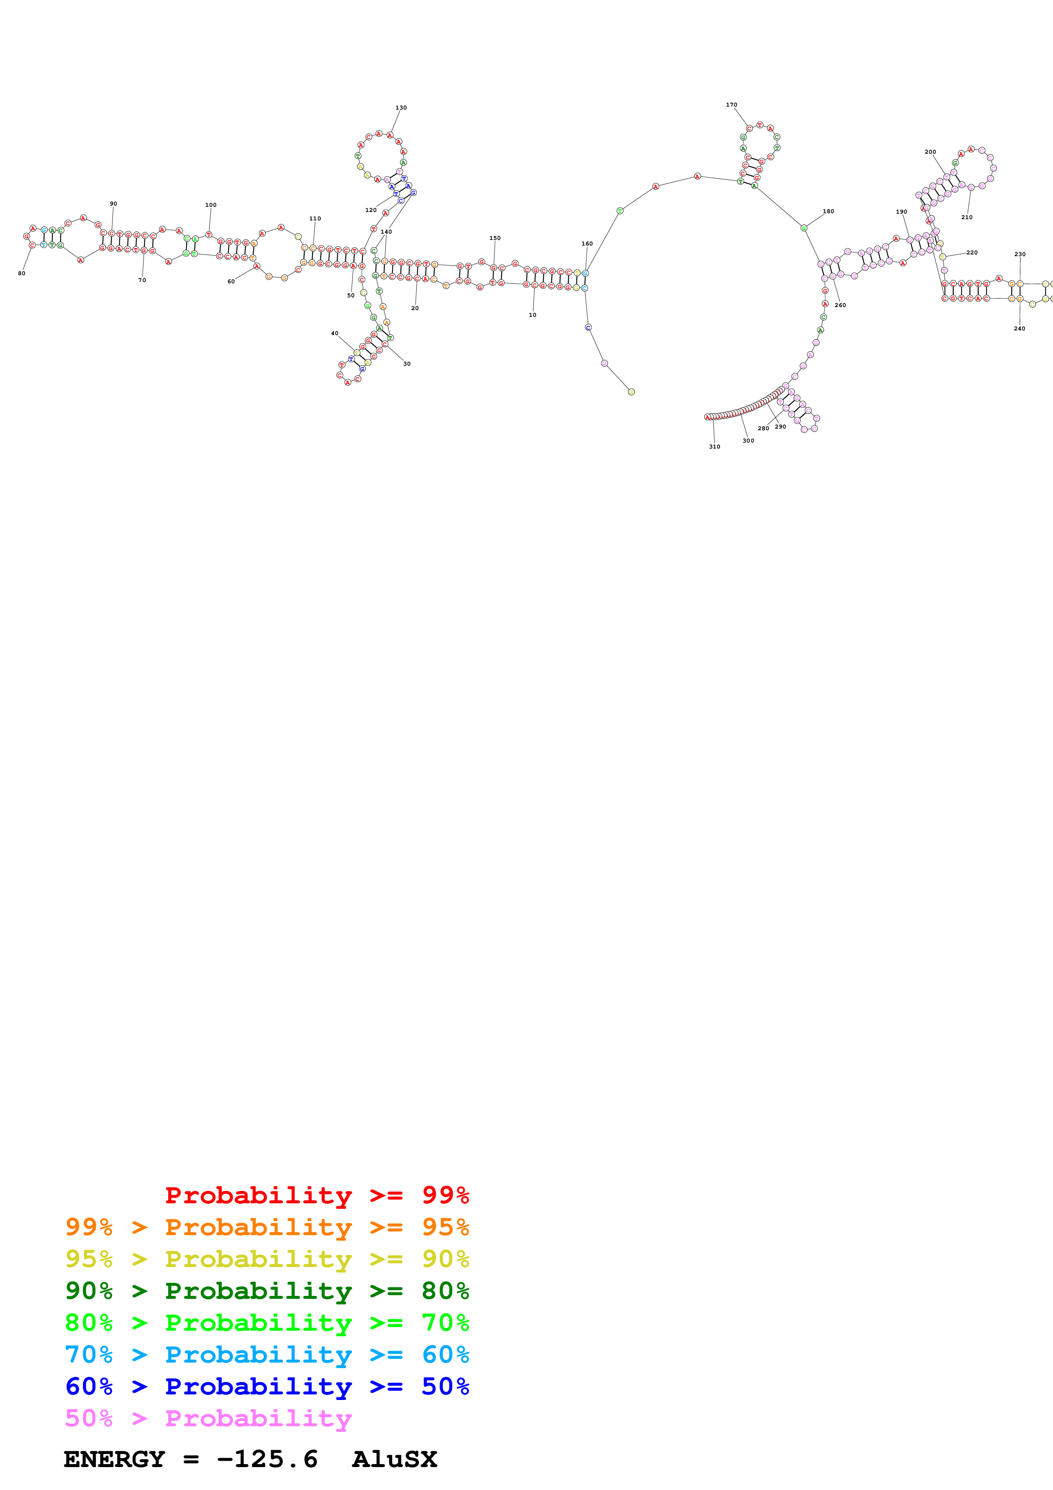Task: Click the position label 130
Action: click(401, 108)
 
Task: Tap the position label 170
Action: click(731, 104)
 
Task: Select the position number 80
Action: click(21, 273)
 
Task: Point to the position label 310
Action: click(714, 446)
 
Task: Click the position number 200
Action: click(930, 152)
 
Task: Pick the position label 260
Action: click(840, 305)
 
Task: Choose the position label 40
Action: click(335, 333)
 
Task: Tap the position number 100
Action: click(211, 205)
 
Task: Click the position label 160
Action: click(587, 244)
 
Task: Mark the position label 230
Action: click(1020, 254)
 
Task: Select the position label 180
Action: click(829, 212)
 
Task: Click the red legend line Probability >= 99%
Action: click(316, 1195)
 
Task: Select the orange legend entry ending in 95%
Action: click(267, 1227)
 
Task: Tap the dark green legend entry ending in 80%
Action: click(267, 1291)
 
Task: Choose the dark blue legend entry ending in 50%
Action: click(267, 1386)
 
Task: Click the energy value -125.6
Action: click(267, 1459)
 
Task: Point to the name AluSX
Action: click(395, 1459)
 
